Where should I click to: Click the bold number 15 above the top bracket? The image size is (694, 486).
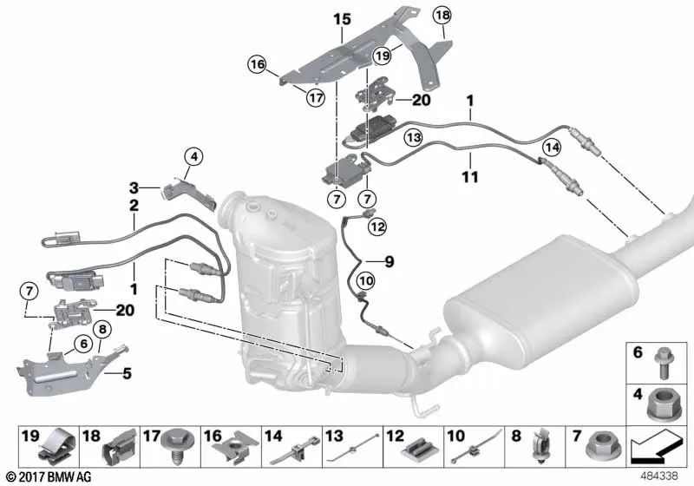pyautogui.click(x=342, y=18)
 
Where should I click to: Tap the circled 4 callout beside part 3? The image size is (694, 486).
pyautogui.click(x=193, y=157)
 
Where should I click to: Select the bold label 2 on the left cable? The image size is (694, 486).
pyautogui.click(x=134, y=206)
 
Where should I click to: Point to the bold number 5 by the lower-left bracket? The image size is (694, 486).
pyautogui.click(x=127, y=375)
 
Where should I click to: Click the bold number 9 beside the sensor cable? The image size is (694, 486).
pyautogui.click(x=389, y=260)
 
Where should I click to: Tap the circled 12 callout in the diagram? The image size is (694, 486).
pyautogui.click(x=376, y=227)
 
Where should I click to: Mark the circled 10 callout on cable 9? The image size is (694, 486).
pyautogui.click(x=365, y=280)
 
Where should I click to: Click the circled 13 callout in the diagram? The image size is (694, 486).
pyautogui.click(x=413, y=137)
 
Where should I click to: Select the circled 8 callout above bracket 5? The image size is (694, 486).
pyautogui.click(x=101, y=330)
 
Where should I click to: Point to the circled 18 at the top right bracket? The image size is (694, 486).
pyautogui.click(x=442, y=15)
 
